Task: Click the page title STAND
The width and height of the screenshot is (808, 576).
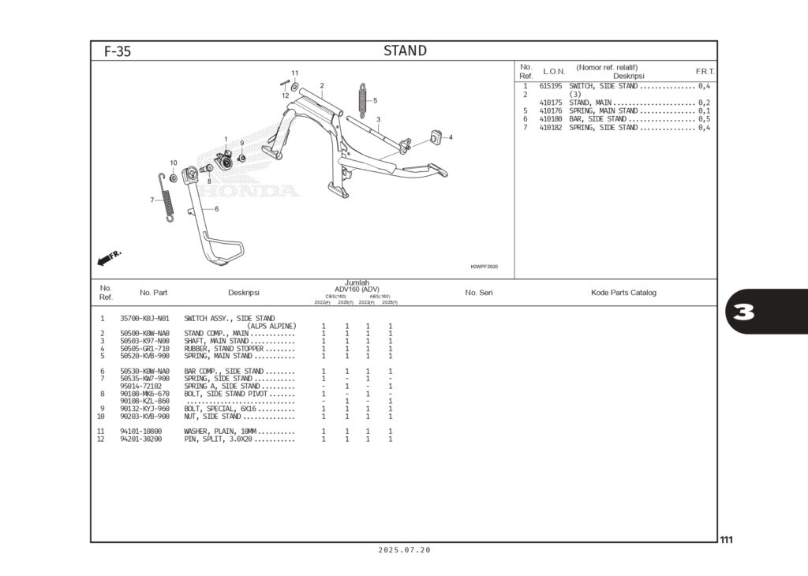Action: point(405,51)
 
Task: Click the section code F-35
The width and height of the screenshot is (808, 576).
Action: point(118,52)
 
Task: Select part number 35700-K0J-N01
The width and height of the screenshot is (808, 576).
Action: point(144,319)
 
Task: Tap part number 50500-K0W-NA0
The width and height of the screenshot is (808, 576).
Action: point(144,334)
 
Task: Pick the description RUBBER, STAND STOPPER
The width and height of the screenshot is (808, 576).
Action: point(223,349)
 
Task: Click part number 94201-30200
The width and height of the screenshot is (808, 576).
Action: point(141,439)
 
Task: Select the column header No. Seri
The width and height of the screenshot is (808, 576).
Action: point(478,293)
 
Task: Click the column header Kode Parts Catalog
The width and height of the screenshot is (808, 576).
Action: point(623,293)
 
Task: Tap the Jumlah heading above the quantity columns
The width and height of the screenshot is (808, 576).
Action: point(357,282)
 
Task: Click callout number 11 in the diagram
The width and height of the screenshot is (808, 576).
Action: point(294,73)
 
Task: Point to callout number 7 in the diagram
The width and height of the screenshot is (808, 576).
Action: point(152,200)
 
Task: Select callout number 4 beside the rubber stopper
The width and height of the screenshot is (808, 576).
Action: point(451,137)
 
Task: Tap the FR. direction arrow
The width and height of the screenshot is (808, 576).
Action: point(109,257)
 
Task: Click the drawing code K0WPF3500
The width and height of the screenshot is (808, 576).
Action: point(484,267)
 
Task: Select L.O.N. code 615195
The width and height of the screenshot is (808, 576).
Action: point(551,86)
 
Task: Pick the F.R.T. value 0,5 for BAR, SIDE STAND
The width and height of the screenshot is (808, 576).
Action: point(704,119)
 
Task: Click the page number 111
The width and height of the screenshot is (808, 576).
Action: point(726,540)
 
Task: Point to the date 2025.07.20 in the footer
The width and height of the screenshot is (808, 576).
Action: point(404,550)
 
